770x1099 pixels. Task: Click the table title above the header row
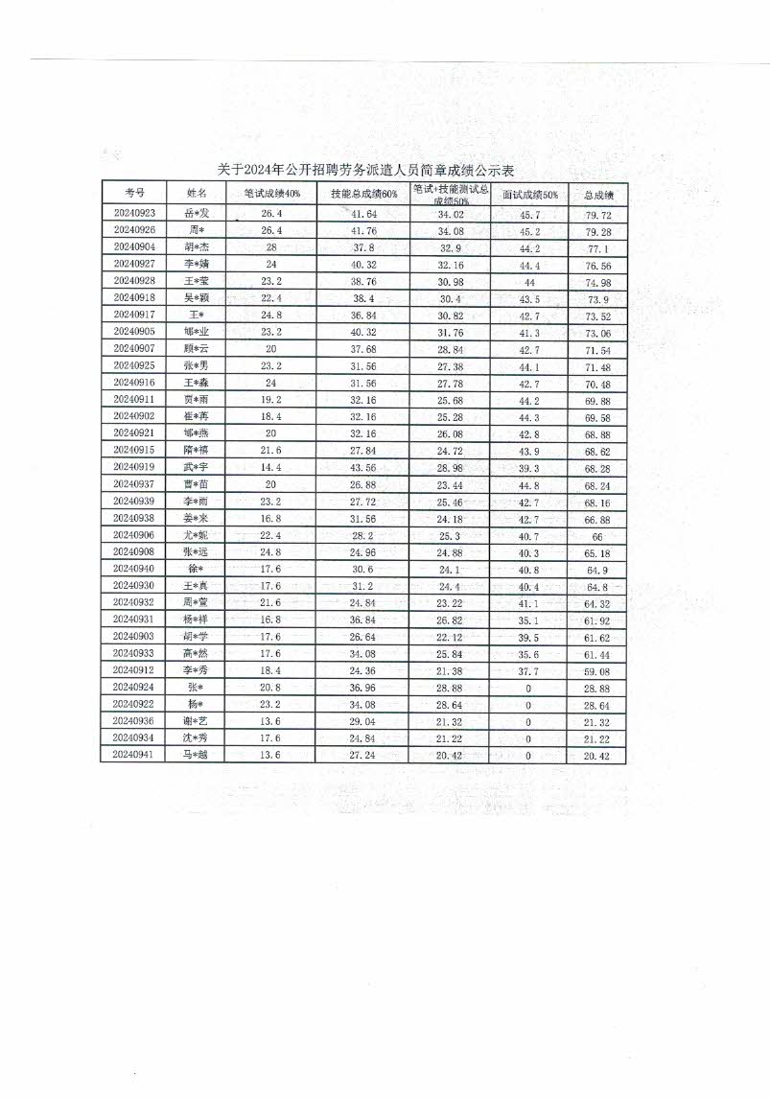pos(365,170)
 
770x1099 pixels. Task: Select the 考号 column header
pos(134,193)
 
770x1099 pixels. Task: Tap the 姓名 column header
pos(196,193)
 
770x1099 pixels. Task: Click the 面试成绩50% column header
pos(530,194)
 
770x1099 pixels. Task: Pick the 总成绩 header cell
pos(598,195)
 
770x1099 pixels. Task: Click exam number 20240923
pos(134,213)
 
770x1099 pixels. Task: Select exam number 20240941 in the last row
pos(134,755)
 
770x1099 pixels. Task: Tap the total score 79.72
pos(598,215)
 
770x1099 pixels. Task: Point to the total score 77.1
pos(598,247)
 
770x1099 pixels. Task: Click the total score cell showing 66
pos(596,537)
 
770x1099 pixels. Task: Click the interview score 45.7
pos(529,214)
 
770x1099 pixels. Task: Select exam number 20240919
pos(134,467)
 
